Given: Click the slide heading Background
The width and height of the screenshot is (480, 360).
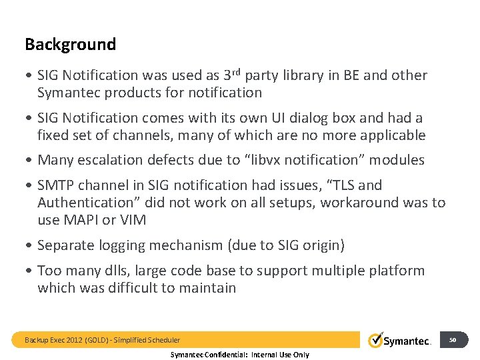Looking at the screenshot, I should click(70, 45).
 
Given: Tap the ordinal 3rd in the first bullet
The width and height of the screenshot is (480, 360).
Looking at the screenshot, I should click(233, 75).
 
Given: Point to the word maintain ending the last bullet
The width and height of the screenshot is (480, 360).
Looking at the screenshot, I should click(209, 288).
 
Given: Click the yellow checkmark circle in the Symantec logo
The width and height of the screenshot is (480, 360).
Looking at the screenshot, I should click(375, 340).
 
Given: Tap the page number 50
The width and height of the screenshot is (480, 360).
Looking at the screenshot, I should click(453, 340).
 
